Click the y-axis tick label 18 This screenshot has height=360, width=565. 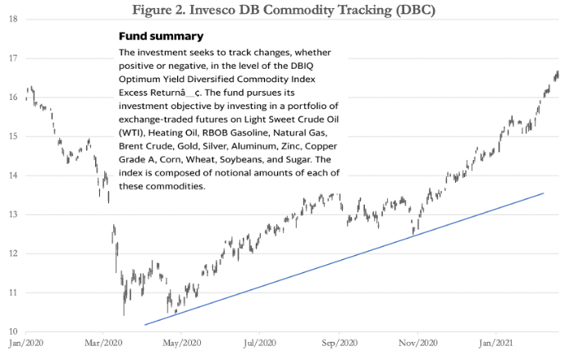pos(12,18)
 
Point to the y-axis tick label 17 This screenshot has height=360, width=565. pos(12,58)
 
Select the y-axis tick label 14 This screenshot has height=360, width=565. pos(12,175)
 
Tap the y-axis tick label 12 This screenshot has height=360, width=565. pos(12,253)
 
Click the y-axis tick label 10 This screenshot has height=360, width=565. pos(12,330)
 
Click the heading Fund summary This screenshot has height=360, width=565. pos(161,37)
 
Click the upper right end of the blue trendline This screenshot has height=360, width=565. pos(544,194)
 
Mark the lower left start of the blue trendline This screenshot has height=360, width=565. pos(144,326)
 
